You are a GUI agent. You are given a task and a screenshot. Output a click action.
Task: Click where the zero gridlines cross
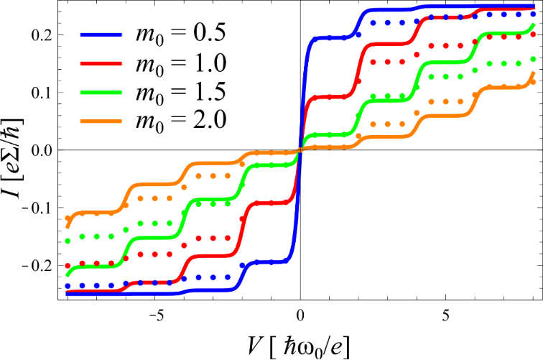[x=300, y=150]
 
